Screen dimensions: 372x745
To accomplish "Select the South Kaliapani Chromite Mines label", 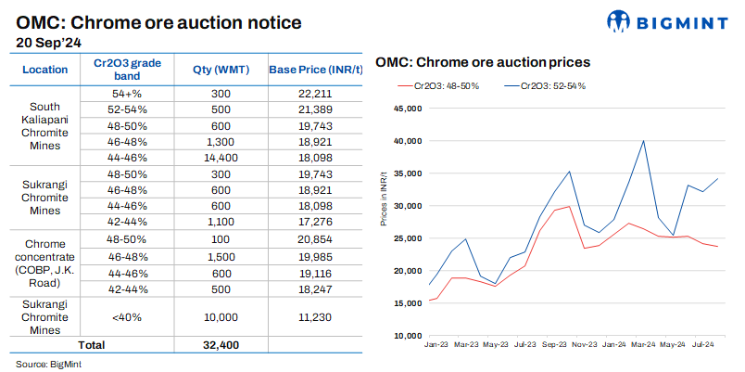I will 45,126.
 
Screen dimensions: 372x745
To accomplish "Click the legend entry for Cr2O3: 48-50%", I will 432,85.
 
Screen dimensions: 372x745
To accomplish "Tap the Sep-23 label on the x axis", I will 554,344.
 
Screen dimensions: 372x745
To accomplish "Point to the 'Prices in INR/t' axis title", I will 385,222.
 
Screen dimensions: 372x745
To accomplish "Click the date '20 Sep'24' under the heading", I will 48,42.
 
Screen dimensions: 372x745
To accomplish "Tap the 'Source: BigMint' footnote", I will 48,364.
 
